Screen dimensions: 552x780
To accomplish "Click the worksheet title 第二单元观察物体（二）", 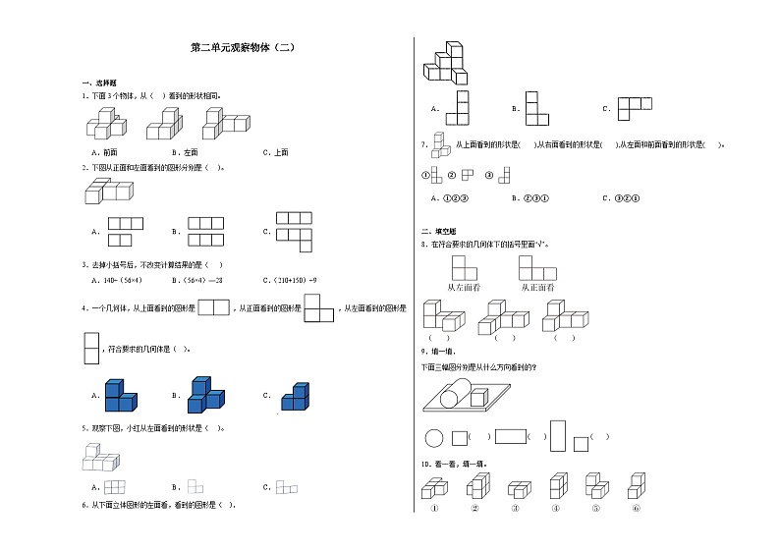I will [x=241, y=47].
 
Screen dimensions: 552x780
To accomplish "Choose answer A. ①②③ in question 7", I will [x=449, y=197].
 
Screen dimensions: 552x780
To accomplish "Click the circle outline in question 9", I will [x=433, y=438].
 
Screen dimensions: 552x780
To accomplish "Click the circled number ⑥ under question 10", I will [x=636, y=508].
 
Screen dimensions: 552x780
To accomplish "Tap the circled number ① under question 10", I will [x=433, y=508].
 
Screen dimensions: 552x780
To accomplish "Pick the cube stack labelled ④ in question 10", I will [x=556, y=486].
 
